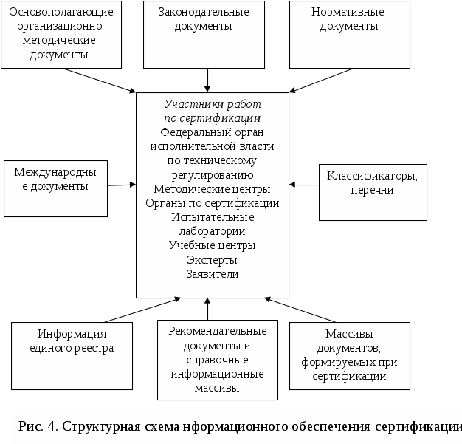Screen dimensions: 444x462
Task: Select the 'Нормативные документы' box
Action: coord(349,34)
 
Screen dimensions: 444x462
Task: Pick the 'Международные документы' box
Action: coord(56,188)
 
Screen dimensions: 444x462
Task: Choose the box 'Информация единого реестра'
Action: coord(72,355)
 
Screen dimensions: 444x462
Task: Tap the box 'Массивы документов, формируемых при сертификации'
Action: coord(349,355)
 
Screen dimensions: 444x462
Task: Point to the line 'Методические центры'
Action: coord(213,189)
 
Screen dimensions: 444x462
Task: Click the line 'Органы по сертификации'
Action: coord(213,203)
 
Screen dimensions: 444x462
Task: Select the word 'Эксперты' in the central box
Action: coord(213,259)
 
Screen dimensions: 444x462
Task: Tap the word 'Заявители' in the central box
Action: coord(213,273)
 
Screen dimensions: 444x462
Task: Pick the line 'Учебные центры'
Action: coord(213,245)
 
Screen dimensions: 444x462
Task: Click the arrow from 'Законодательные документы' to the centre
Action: coord(210,80)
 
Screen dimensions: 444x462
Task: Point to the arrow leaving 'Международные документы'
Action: coord(122,183)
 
